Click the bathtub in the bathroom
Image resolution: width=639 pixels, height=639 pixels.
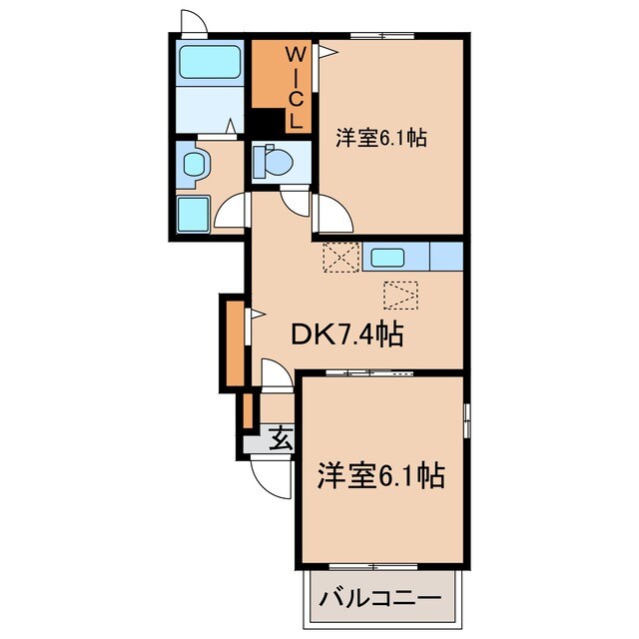209,64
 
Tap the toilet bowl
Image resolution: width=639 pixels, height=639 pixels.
272,160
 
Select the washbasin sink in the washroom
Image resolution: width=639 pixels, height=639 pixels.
193,163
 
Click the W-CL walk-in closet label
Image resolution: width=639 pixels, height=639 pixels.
296,88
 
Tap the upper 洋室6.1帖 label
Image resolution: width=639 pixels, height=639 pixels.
381,139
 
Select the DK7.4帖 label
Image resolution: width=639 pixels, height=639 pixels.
346,335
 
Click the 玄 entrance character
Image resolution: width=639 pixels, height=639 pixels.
281,437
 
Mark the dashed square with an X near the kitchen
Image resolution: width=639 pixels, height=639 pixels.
339,258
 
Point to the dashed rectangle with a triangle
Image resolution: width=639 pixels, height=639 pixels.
401,295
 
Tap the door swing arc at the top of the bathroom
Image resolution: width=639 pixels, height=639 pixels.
193,22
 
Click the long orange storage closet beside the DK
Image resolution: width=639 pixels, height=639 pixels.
233,342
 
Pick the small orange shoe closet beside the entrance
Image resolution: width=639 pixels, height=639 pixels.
245,410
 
